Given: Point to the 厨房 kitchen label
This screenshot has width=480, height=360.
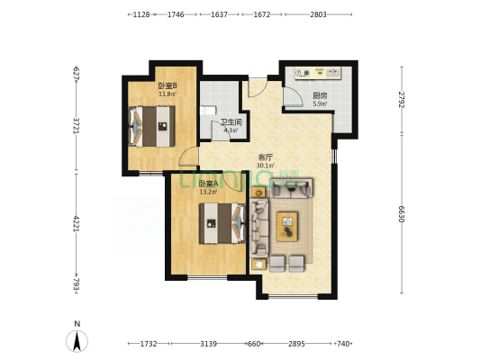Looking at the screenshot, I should pyautogui.click(x=320, y=95).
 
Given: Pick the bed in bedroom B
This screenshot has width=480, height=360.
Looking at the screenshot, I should pyautogui.click(x=151, y=125).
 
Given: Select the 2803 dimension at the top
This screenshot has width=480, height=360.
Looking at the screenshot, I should pyautogui.click(x=318, y=14).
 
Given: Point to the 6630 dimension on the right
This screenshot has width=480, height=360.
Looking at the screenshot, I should pyautogui.click(x=402, y=212).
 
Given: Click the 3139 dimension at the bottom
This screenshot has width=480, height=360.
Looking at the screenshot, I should pyautogui.click(x=208, y=344).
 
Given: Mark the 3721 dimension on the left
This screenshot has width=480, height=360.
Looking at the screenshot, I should pyautogui.click(x=77, y=127).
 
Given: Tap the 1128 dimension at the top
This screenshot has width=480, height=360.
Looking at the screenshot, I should pyautogui.click(x=140, y=14).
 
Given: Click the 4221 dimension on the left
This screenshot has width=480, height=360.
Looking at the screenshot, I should pyautogui.click(x=77, y=223).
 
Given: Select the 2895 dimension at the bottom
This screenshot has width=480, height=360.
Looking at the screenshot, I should pyautogui.click(x=298, y=344).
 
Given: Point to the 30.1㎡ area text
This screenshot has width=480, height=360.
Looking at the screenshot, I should pyautogui.click(x=265, y=166).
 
